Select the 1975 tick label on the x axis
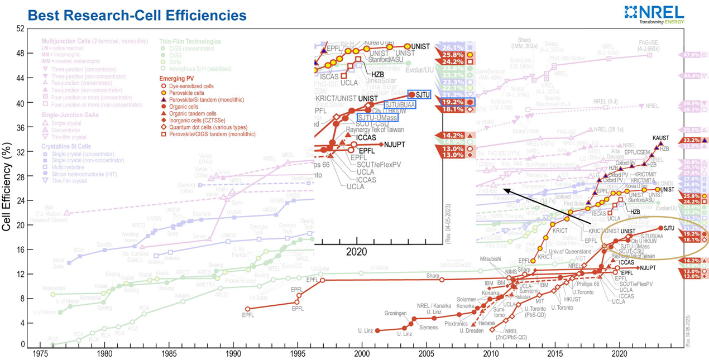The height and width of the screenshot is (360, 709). [40, 354]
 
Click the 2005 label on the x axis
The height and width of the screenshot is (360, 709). [427, 354]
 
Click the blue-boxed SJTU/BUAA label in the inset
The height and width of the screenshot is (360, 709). [399, 104]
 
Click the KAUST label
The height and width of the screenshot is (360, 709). [660, 138]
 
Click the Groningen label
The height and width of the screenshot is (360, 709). [395, 313]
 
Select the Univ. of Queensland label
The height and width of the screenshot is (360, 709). [559, 252]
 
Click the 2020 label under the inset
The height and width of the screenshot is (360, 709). [356, 252]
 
